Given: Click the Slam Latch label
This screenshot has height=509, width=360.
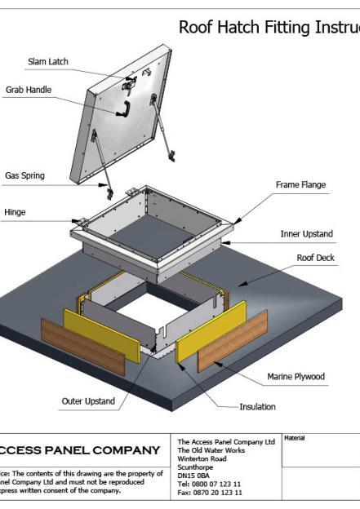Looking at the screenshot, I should [48, 61].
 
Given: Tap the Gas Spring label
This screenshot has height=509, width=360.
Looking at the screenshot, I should [24, 175].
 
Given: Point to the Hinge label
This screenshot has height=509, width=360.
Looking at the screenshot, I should [15, 212].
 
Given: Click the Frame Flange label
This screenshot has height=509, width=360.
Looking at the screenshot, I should [300, 185].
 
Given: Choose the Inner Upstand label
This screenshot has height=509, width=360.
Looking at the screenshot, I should [306, 234].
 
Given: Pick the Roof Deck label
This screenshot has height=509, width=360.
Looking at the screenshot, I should [315, 258].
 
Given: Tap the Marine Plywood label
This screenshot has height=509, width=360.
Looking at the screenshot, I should [296, 377].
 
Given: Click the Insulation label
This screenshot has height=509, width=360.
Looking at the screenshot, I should [257, 406].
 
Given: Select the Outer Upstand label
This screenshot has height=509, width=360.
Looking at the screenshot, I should [88, 401].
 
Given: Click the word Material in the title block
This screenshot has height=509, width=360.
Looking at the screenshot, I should [295, 438].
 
